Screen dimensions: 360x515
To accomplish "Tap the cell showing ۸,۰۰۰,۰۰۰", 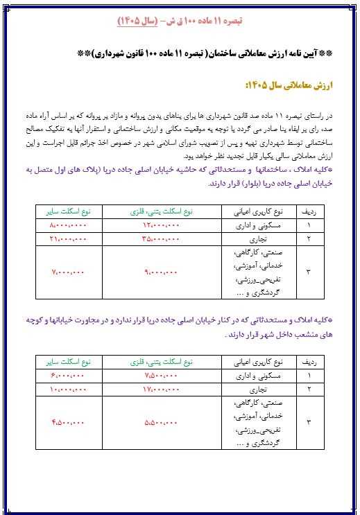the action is pyautogui.click(x=69, y=227).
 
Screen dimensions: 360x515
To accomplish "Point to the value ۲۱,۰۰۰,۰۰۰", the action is pyautogui.click(x=69, y=238).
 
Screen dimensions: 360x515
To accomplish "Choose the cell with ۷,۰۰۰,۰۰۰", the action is pyautogui.click(x=69, y=273).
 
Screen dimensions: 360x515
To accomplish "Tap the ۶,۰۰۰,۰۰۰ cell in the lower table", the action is pyautogui.click(x=69, y=375).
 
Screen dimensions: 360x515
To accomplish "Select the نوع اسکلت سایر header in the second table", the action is pyautogui.click(x=69, y=361).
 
